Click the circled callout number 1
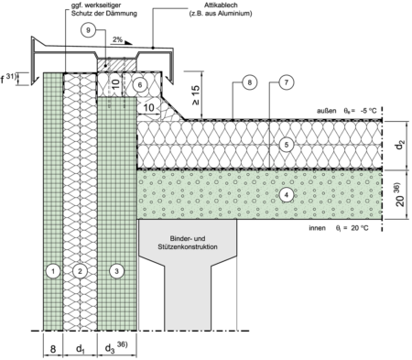click(x=53, y=271)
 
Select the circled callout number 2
click(x=80, y=271)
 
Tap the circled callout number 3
click(x=116, y=271)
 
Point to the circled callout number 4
click(x=287, y=194)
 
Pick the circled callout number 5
click(x=287, y=145)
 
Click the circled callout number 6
click(x=140, y=84)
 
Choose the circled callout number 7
click(x=287, y=82)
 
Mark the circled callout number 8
click(x=250, y=82)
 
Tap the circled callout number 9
click(x=88, y=30)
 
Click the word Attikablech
click(x=221, y=5)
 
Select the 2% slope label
click(x=117, y=39)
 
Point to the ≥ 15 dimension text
click(x=196, y=94)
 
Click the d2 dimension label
click(x=399, y=145)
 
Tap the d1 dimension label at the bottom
click(x=80, y=348)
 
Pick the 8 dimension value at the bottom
click(x=53, y=349)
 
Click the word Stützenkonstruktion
click(x=188, y=246)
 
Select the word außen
click(x=327, y=111)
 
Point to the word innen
click(x=318, y=228)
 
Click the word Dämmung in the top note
click(x=124, y=14)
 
